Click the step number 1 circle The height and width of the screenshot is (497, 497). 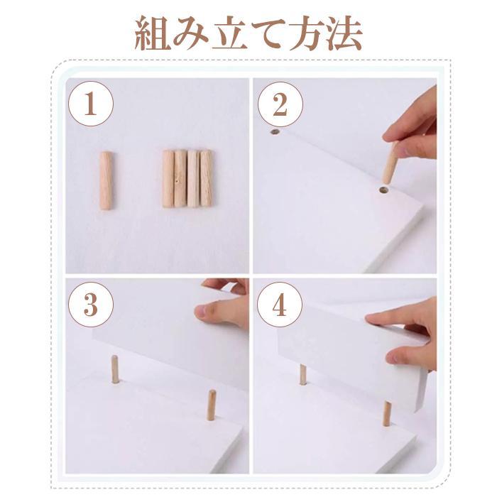[90, 104]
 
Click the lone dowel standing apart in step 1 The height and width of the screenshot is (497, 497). [106, 180]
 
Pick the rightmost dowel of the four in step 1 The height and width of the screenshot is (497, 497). [206, 177]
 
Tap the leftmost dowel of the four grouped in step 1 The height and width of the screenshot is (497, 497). [168, 178]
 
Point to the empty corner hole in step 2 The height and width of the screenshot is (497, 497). [274, 132]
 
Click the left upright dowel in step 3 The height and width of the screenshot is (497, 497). [115, 370]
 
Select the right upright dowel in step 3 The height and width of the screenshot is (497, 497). [211, 405]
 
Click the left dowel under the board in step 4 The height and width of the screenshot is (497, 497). [303, 374]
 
